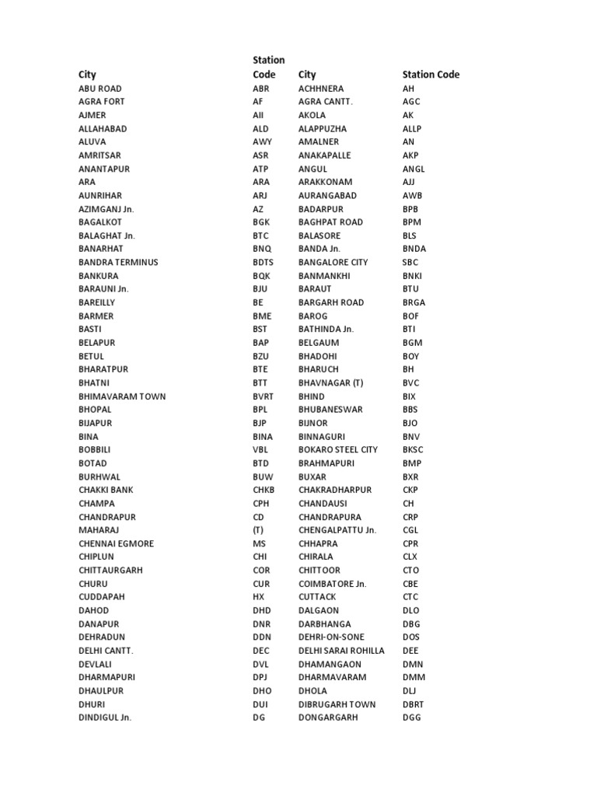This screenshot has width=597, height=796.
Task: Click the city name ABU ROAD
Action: click(99, 89)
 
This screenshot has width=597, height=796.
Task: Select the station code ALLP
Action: click(412, 128)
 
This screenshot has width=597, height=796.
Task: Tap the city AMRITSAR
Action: click(99, 155)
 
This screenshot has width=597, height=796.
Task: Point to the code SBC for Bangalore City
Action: click(410, 262)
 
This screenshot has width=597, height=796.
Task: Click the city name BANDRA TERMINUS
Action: click(118, 262)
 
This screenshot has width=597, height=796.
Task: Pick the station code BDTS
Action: click(263, 262)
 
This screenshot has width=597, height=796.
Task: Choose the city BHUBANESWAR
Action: click(330, 410)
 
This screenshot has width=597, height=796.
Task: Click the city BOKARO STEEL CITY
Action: click(338, 449)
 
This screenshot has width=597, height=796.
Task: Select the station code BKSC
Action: click(413, 449)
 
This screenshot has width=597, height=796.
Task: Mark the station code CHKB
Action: click(264, 490)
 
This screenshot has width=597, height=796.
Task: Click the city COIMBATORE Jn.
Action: click(332, 584)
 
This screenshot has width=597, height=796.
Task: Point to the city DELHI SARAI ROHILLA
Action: click(341, 651)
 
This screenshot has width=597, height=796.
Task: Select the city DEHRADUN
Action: click(101, 637)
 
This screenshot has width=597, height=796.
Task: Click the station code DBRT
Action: click(414, 704)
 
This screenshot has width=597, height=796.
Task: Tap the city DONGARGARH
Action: click(328, 717)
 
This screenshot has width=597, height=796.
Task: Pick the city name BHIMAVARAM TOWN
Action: click(122, 396)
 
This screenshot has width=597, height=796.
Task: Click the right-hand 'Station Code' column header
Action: click(431, 75)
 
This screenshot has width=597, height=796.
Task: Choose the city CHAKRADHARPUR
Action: click(335, 490)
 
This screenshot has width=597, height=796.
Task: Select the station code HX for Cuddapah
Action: click(259, 597)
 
